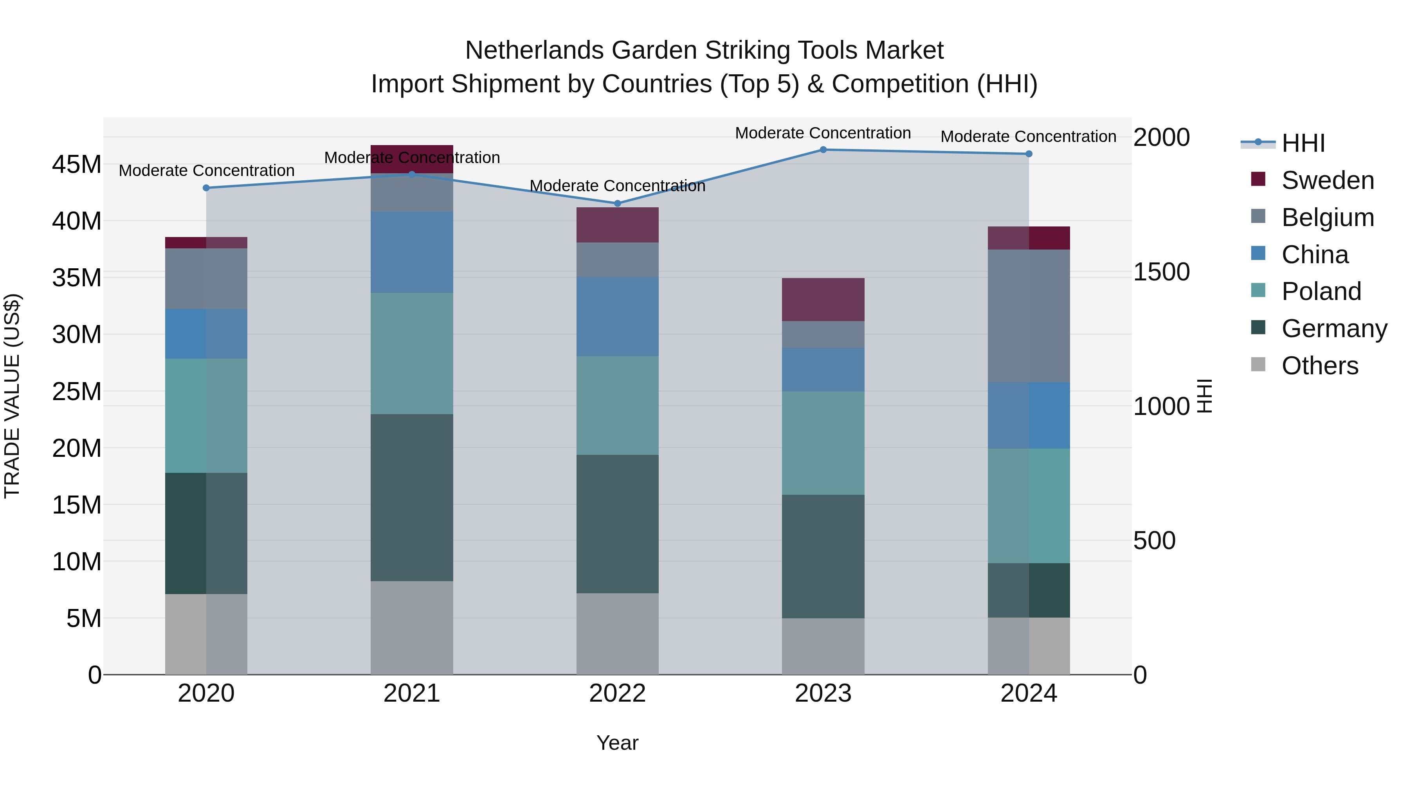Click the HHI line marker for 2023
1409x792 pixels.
(823, 150)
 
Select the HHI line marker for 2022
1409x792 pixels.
(618, 203)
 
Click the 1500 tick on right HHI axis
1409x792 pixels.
(1161, 272)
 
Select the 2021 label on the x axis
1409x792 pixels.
(411, 693)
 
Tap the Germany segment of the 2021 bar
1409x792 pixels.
(411, 497)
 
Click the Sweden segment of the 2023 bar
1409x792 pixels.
(823, 300)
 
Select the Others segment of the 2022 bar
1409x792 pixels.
(618, 634)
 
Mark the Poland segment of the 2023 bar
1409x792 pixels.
(823, 443)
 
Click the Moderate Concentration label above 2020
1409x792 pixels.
(206, 171)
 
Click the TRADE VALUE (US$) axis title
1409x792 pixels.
(12, 396)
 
